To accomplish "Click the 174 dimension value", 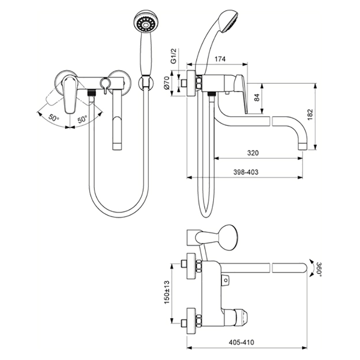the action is point(220,59).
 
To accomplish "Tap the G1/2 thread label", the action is point(174,56).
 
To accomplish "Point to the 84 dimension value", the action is point(257,98).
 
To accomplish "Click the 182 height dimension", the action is point(310,115).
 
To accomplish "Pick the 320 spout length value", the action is point(253,153).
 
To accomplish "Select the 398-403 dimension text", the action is point(246,172).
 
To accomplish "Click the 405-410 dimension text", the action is point(242,342).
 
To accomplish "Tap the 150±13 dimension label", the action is point(166,292).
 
